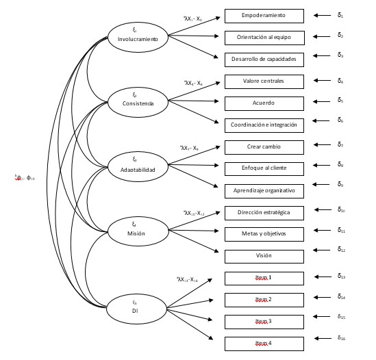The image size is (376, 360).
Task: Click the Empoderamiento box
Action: (264, 15)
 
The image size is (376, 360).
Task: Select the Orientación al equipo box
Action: (264, 36)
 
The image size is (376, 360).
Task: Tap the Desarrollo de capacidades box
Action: (264, 60)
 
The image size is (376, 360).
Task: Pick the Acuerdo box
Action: (264, 103)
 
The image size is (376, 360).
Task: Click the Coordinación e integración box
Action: (264, 125)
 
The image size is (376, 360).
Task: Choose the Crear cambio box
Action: (264, 147)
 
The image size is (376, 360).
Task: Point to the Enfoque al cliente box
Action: (264, 168)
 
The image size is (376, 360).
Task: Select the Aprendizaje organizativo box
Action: (264, 190)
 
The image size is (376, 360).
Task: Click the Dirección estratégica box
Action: (264, 213)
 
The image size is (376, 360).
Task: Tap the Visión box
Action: (264, 256)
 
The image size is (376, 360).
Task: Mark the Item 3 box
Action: (264, 321)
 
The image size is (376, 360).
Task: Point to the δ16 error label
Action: (341, 337)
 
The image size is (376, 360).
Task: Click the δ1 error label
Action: (340, 14)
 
